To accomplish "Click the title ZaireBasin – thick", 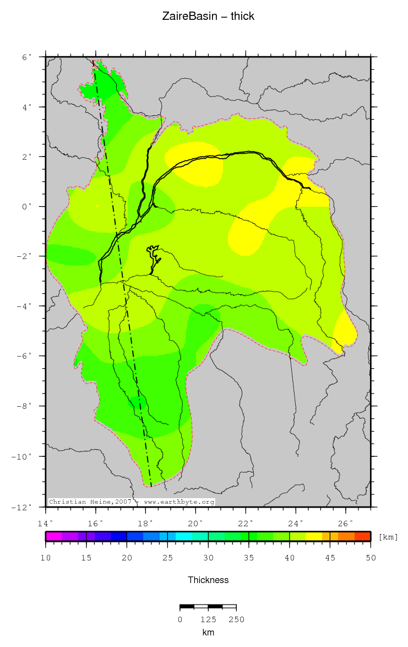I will coord(208,17).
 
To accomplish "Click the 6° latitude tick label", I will coord(26,57).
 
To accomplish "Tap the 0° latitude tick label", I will coord(26,207).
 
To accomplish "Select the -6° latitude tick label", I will coord(24,357).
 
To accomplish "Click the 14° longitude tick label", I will coord(46,522).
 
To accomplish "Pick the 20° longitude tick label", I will coord(195,522).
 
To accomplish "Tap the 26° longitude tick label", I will coord(345,522).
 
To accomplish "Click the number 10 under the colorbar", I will coord(46,558).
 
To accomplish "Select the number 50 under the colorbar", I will coord(371,558).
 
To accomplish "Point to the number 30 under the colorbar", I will coord(208,558).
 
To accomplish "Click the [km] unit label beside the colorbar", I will coord(388,537).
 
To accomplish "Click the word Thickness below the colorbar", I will coord(208,580).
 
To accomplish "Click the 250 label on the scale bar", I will coord(236,619).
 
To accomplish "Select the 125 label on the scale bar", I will coord(208,619).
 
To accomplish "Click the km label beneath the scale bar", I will coord(208,633).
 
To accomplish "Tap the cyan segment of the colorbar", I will coord(183,536).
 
